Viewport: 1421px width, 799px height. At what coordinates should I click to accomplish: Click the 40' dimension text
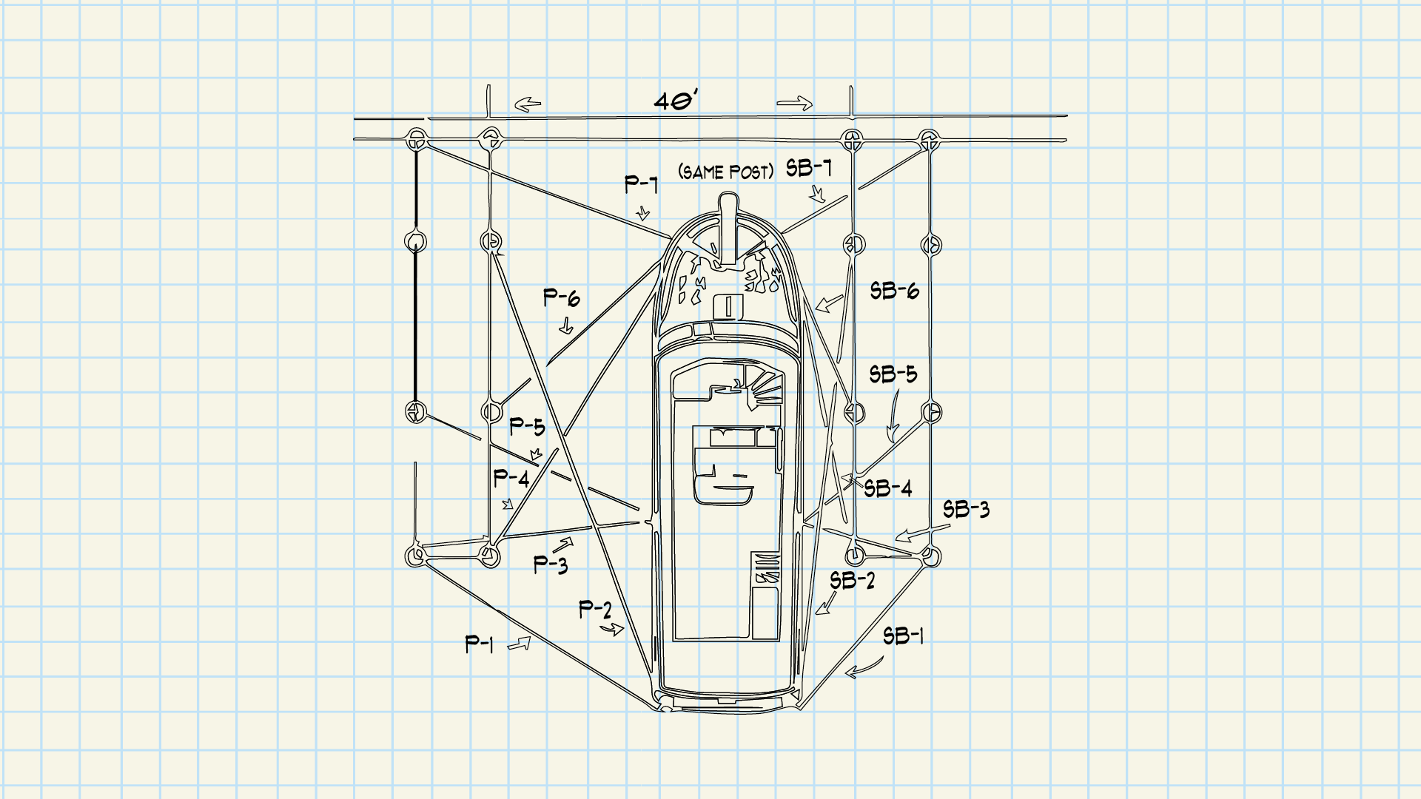[x=676, y=101]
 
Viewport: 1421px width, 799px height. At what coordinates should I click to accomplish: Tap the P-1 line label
[x=479, y=644]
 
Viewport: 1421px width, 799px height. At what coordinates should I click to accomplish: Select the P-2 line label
[x=595, y=610]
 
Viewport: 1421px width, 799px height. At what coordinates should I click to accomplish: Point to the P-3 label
[x=551, y=565]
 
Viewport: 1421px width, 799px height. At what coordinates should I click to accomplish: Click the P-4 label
[x=511, y=479]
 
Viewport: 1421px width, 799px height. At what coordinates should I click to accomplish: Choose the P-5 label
[x=527, y=427]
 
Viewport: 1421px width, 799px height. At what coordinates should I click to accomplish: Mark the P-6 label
[x=562, y=298]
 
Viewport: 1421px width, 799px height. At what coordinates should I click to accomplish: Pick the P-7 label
[x=641, y=183]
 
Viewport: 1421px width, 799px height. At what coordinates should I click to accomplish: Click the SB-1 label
[x=903, y=636]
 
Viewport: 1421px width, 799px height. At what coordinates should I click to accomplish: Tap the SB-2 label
[x=852, y=581]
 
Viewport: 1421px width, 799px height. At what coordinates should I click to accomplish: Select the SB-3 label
[x=966, y=510]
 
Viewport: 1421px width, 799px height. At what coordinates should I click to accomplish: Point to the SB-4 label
[x=888, y=488]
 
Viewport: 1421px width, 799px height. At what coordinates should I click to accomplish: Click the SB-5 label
[x=893, y=374]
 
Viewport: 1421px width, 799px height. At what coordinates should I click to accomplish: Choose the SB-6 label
[x=894, y=291]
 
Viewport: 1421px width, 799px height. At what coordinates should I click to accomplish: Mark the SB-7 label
[x=809, y=169]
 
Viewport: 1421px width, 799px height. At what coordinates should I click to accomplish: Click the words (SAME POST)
[x=726, y=172]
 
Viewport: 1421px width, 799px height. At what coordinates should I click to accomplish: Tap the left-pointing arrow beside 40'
[x=528, y=105]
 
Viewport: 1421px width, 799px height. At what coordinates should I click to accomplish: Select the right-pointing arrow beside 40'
[x=795, y=104]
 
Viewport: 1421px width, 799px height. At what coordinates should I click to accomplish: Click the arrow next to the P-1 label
[x=519, y=644]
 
